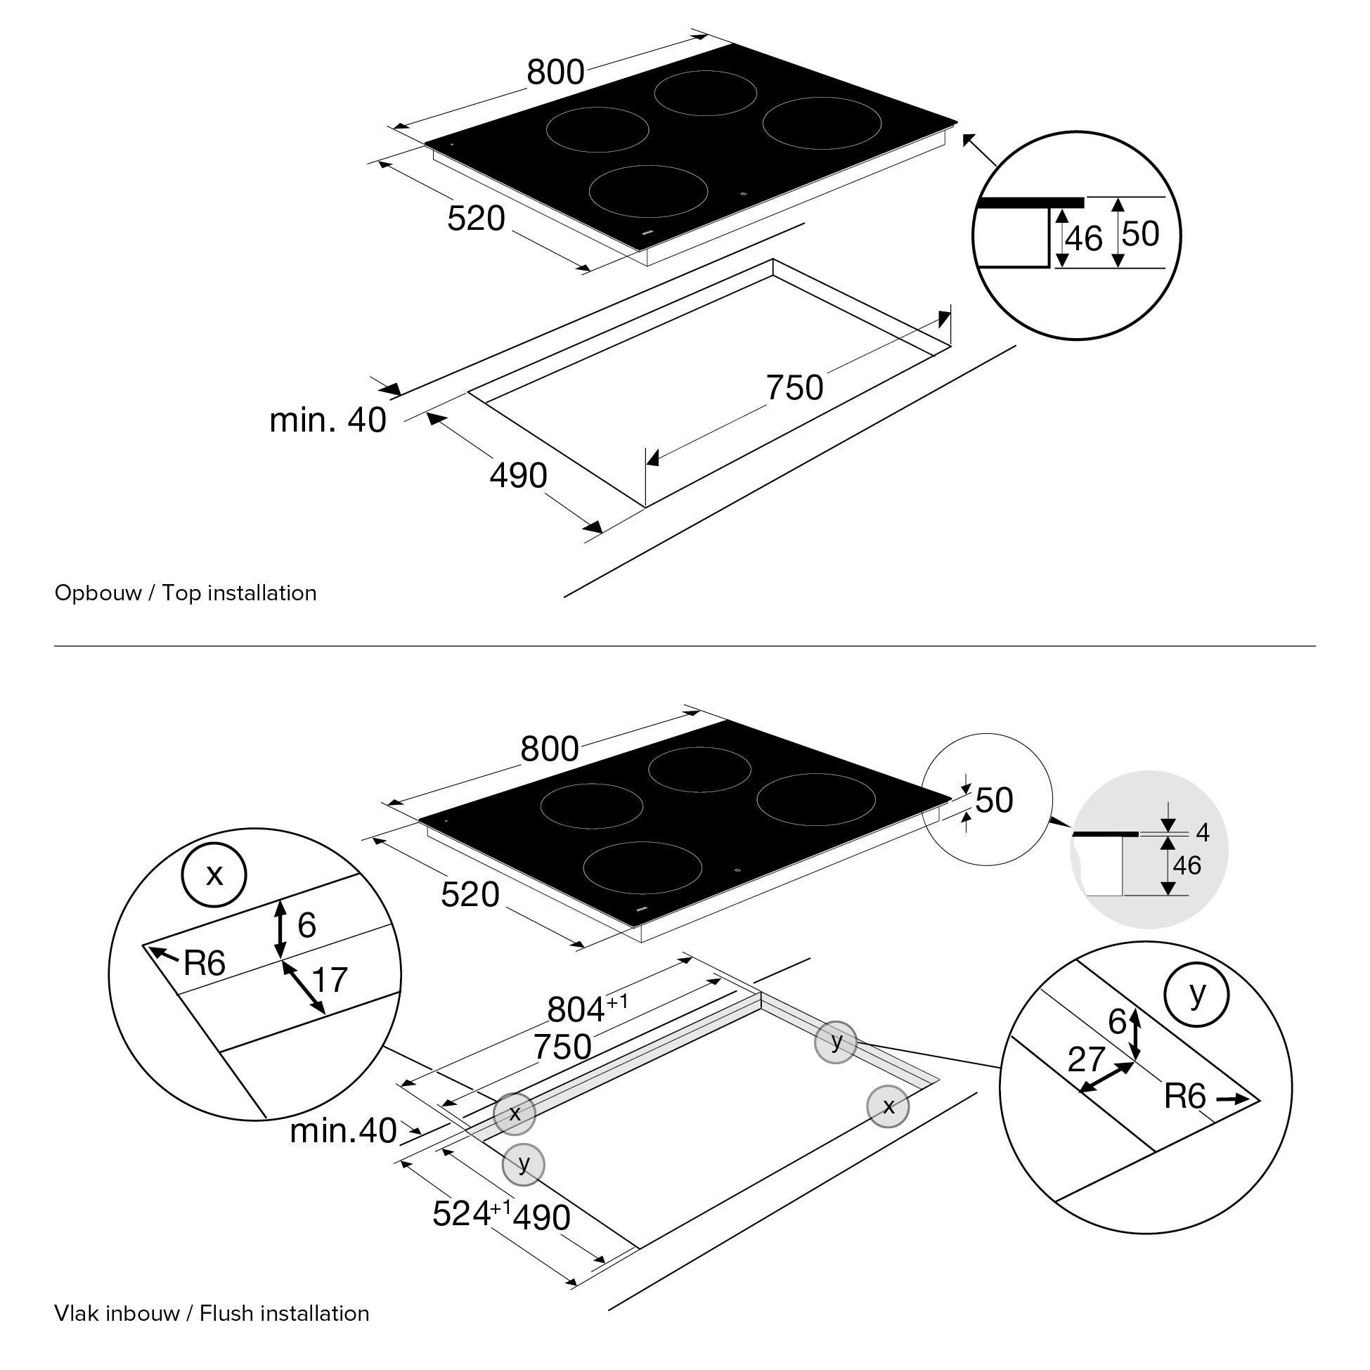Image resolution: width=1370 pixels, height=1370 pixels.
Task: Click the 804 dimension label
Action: [x=576, y=1010]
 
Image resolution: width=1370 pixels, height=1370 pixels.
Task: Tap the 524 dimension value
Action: [x=462, y=1213]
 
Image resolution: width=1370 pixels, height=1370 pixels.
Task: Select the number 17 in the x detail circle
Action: [x=330, y=980]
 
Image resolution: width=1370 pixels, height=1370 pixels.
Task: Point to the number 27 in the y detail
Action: [x=1085, y=1059]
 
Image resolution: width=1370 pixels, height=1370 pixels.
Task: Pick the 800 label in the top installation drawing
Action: [x=555, y=72]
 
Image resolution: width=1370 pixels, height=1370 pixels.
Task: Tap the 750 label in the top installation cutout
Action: [x=794, y=388]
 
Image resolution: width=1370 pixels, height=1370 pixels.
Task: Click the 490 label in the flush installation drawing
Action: [x=542, y=1217]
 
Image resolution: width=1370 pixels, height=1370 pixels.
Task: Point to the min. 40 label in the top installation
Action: [x=328, y=420]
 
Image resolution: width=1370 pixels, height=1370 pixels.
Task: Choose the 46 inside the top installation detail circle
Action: [x=1083, y=239]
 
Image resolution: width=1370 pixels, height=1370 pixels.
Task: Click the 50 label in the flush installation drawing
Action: [x=994, y=800]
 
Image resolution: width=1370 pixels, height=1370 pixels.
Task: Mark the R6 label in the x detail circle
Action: [x=205, y=963]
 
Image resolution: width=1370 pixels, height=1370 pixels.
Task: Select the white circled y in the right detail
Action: [x=1197, y=995]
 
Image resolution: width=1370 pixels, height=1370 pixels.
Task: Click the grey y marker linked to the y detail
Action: [x=836, y=1042]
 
